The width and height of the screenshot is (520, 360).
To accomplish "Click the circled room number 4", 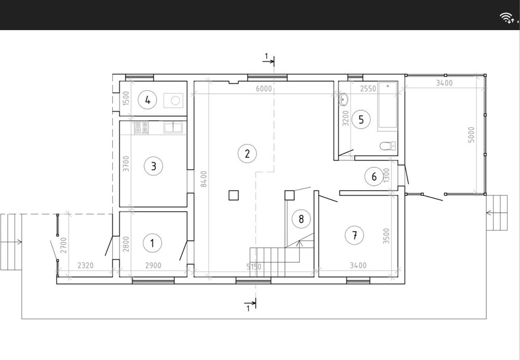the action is (x=148, y=100).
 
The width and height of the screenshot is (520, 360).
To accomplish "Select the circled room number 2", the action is (x=247, y=153).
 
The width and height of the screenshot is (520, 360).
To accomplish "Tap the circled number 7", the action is (x=355, y=235).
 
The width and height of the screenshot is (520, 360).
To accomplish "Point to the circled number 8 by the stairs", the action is (x=301, y=219).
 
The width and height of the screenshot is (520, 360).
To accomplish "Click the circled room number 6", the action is (x=374, y=176).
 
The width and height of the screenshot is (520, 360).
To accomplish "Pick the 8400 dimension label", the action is (x=204, y=179).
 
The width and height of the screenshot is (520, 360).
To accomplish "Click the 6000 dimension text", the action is (x=264, y=88).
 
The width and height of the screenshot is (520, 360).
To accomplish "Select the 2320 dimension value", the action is (x=86, y=265).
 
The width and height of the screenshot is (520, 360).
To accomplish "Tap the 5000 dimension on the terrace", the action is (x=471, y=135).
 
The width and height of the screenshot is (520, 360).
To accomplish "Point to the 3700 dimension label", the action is (x=126, y=163).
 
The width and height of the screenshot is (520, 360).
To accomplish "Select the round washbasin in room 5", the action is (x=343, y=99).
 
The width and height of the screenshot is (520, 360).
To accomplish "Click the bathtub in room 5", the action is (x=388, y=105).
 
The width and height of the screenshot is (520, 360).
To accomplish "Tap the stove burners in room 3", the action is (x=141, y=128).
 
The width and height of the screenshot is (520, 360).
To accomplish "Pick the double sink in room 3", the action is (x=173, y=128).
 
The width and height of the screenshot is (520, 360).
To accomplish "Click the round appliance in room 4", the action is (x=175, y=100).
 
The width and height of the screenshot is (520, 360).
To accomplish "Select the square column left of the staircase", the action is (x=234, y=195).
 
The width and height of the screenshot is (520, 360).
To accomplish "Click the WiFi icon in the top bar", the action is (x=507, y=18).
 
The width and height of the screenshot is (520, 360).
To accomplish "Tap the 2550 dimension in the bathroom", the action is (x=368, y=88).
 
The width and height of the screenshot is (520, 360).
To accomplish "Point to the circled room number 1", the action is (x=152, y=243).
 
